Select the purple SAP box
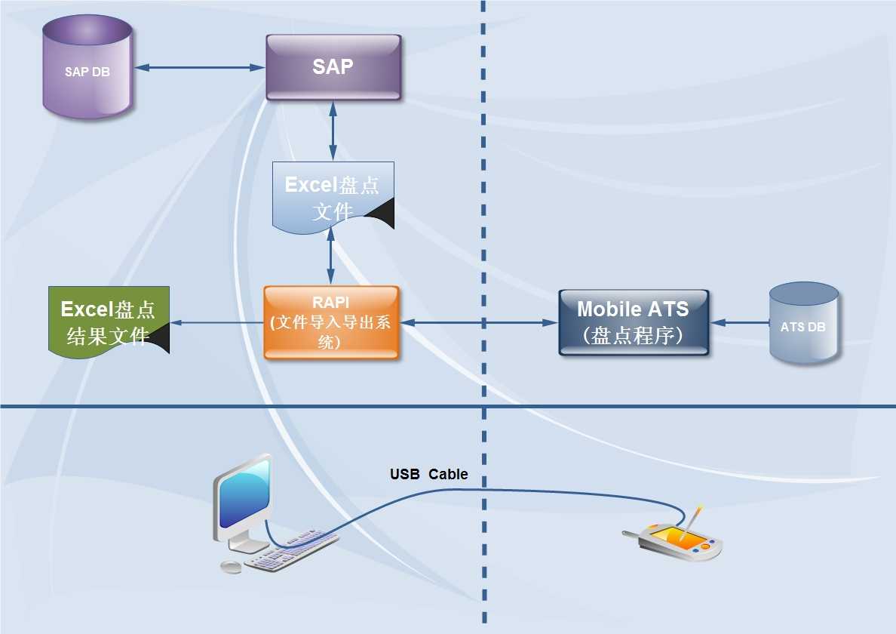click(x=333, y=67)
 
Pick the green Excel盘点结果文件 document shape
click(x=108, y=321)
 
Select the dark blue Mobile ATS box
click(x=633, y=322)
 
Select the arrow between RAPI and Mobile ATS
click(x=478, y=323)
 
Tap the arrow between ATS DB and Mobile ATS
click(x=738, y=323)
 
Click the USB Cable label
click(x=428, y=475)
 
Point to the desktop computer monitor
click(x=243, y=498)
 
